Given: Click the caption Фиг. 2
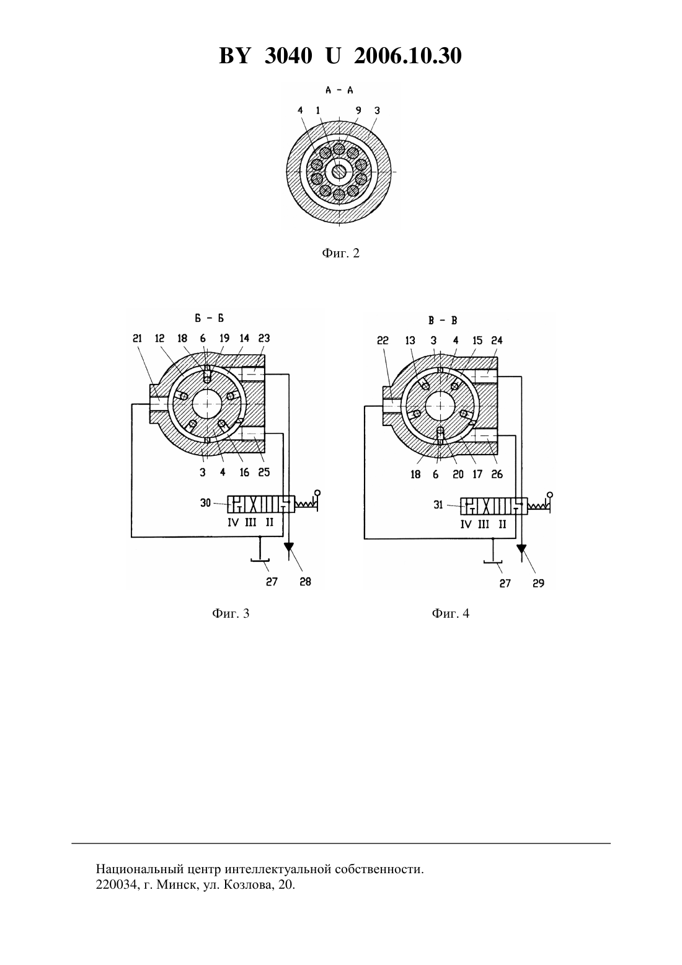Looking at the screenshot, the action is pyautogui.click(x=340, y=253).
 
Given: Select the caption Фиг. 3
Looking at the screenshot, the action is pyautogui.click(x=231, y=613).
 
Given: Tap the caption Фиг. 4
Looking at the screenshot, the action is pyautogui.click(x=450, y=613).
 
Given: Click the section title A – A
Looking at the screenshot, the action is pyautogui.click(x=339, y=90).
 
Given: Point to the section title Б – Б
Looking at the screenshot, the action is pyautogui.click(x=210, y=318).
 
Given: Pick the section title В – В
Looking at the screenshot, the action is pyautogui.click(x=443, y=321).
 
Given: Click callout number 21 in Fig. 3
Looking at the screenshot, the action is pyautogui.click(x=138, y=339).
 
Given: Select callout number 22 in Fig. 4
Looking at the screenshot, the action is pyautogui.click(x=383, y=340).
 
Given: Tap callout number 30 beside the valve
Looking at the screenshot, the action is pyautogui.click(x=205, y=503).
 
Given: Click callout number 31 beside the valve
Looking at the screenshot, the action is pyautogui.click(x=438, y=505).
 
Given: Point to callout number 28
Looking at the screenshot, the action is pyautogui.click(x=305, y=582).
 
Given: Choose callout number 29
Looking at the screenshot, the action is pyautogui.click(x=539, y=584).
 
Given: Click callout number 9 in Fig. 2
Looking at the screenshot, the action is pyautogui.click(x=358, y=110).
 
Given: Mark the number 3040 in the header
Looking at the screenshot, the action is pyautogui.click(x=288, y=56).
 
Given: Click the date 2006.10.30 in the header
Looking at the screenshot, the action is pyautogui.click(x=408, y=56).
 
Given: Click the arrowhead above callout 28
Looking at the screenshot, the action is pyautogui.click(x=288, y=547).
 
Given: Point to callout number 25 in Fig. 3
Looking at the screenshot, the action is pyautogui.click(x=264, y=473).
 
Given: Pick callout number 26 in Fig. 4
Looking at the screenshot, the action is pyautogui.click(x=497, y=474).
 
